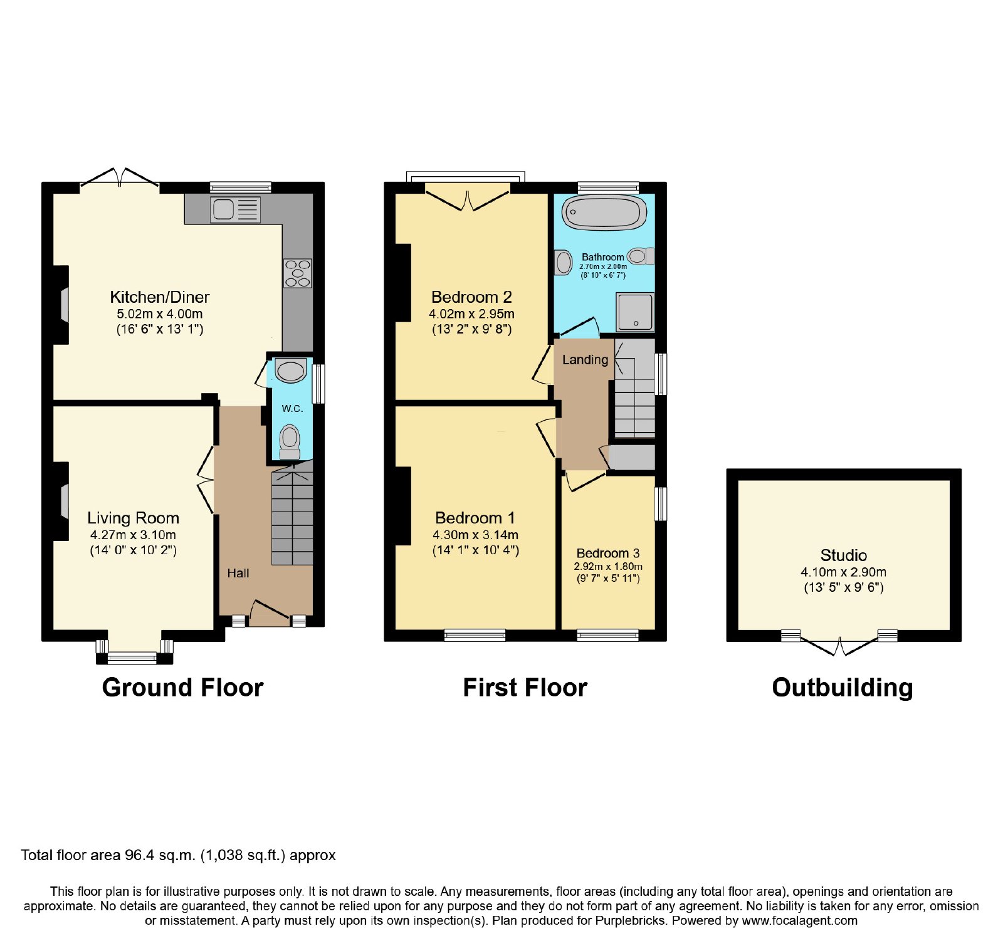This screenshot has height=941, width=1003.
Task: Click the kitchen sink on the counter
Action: pos(236,209)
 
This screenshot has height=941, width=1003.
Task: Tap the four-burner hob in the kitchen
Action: pos(298,273)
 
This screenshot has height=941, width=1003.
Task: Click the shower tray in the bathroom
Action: pos(635,312)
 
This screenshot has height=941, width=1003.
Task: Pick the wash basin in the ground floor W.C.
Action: pos(291,371)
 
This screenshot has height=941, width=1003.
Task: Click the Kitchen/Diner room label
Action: pos(160,297)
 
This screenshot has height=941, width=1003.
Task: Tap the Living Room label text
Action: pos(134,518)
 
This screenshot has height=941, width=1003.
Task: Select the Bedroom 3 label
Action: pos(608,553)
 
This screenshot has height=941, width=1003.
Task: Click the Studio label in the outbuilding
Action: pos(844,555)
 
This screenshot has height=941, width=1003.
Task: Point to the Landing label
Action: pos(585,360)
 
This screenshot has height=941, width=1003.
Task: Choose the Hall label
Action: pos(238,573)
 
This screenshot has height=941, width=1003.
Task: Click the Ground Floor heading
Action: pos(182,688)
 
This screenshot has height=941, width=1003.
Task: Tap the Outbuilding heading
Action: pos(843,688)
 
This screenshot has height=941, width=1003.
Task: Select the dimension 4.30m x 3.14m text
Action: pos(476,535)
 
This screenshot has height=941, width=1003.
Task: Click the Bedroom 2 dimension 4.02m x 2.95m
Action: pos(472,313)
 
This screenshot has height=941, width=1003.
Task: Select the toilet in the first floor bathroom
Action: pos(641,256)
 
